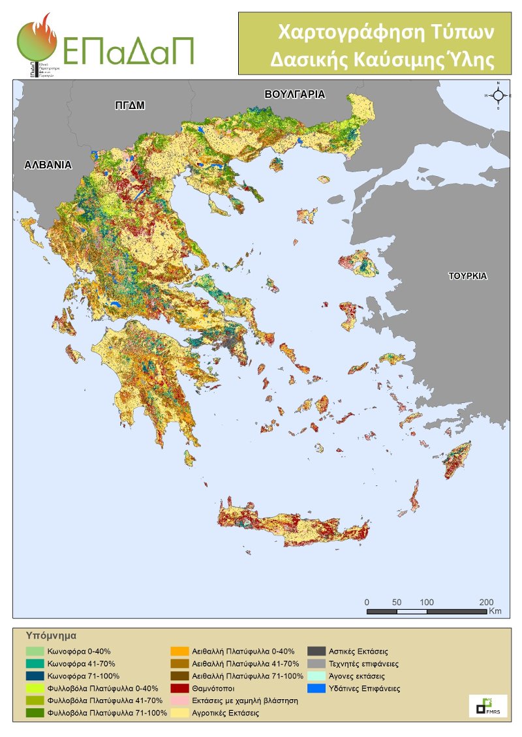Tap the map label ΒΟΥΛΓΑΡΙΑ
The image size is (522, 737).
294,95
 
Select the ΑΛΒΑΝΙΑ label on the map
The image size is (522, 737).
47,165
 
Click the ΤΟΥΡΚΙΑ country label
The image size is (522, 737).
467,276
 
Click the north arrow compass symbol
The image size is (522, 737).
498,95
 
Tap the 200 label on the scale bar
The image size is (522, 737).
486,601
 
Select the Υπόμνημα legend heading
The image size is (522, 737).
52,634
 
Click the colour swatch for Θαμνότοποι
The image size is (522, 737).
179,688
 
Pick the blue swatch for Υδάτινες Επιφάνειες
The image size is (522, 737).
316,688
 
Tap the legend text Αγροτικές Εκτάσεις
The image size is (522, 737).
225,714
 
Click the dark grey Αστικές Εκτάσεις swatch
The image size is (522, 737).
316,651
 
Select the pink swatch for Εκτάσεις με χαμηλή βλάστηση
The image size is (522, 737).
179,700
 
